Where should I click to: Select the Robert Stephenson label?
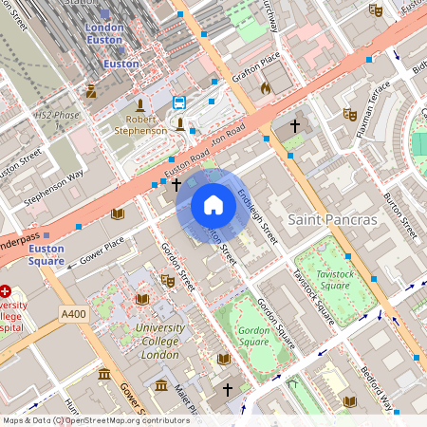coord(140,125)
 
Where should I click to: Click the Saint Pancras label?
coord(332,219)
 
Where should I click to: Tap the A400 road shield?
coord(73,313)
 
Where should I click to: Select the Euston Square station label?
coord(46,254)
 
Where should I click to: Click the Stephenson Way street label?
coord(53,187)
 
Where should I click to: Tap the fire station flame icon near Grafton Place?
coord(266,87)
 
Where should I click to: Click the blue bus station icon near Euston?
coord(179,102)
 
